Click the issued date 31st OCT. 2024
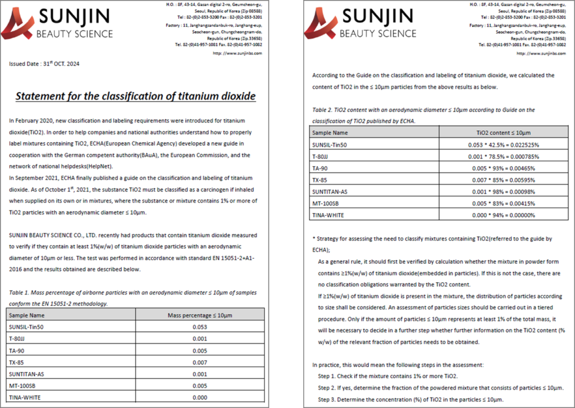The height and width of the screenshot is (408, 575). point(45,64)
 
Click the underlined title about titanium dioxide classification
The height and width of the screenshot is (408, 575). point(135,96)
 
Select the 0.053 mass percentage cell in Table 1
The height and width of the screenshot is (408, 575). point(197,327)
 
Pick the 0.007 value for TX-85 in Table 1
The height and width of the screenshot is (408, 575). point(197,362)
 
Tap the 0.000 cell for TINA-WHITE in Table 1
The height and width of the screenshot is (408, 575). point(197,397)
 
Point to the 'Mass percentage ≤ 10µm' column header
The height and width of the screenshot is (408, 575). point(197,315)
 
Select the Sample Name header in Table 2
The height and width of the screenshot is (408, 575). point(331,133)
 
